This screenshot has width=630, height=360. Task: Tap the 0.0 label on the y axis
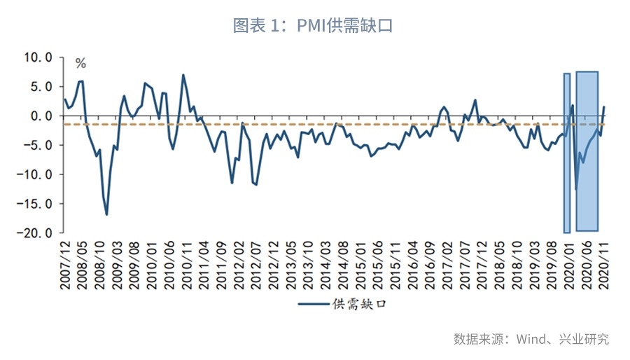click(x=42, y=116)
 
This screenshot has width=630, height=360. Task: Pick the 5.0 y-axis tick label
click(x=42, y=87)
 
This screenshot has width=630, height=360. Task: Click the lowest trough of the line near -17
click(x=106, y=214)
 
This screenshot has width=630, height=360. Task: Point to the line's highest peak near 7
click(x=183, y=75)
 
